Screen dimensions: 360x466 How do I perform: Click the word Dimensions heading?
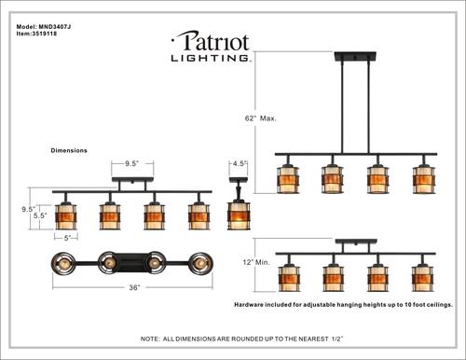coord(69,149)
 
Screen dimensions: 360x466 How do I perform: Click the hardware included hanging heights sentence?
coord(341,305)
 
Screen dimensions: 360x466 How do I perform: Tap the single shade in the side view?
coord(240,214)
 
